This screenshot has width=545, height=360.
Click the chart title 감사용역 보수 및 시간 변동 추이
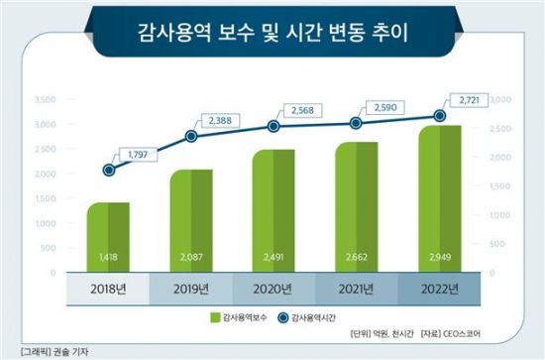pyautogui.click(x=272, y=34)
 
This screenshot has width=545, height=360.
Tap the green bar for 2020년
pyautogui.click(x=272, y=210)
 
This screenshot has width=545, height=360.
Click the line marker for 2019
pyautogui.click(x=191, y=136)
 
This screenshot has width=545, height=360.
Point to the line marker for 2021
pyautogui.click(x=354, y=123)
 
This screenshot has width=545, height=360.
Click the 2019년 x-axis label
pyautogui.click(x=190, y=290)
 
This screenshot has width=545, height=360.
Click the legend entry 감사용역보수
pyautogui.click(x=243, y=317)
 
